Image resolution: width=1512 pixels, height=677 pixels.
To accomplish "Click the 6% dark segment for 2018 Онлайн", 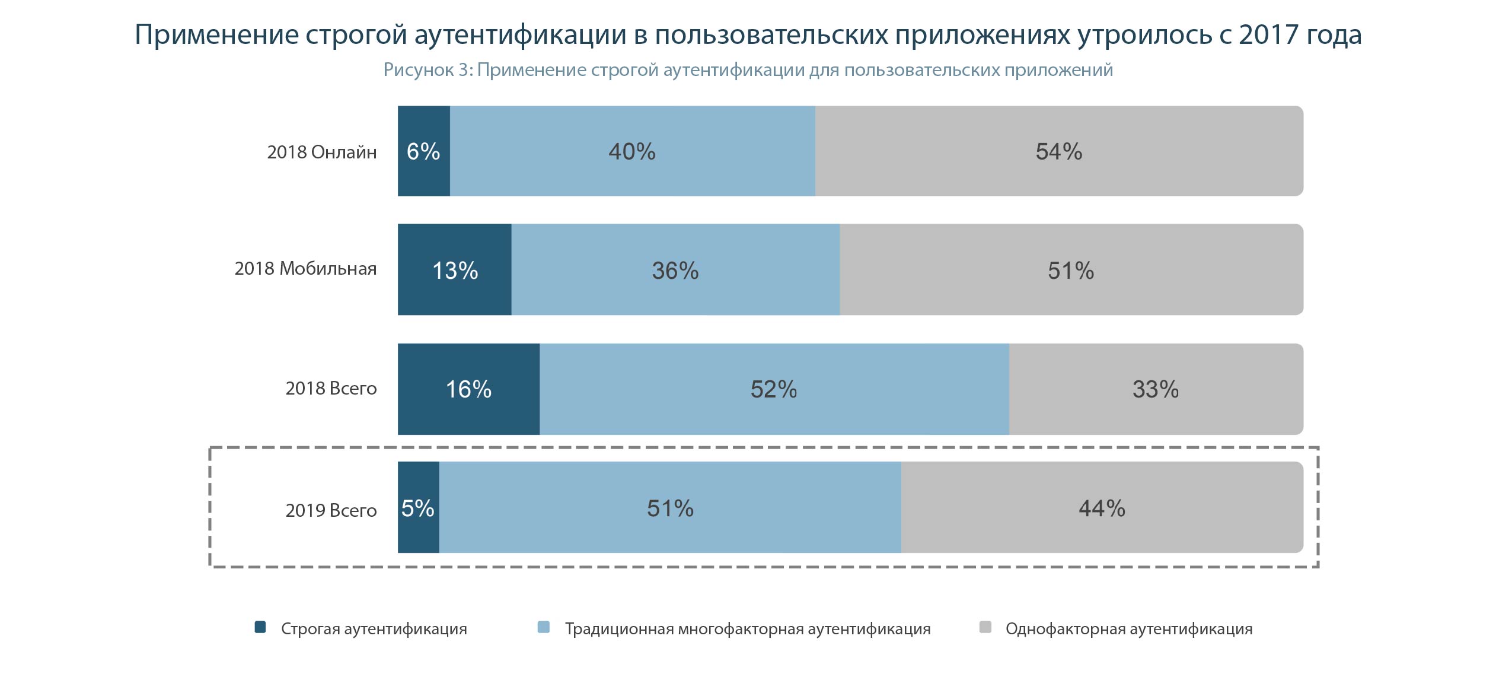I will [423, 151].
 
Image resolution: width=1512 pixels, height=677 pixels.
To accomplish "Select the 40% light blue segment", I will [632, 151].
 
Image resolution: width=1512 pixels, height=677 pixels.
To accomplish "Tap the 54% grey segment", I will [1058, 151].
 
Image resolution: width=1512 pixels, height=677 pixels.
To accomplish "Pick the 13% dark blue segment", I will [454, 270].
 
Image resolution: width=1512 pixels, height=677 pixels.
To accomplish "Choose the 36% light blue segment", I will [675, 270].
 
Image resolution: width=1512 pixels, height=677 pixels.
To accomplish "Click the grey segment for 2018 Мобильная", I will [1070, 270].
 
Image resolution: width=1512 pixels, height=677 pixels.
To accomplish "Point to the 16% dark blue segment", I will [468, 389].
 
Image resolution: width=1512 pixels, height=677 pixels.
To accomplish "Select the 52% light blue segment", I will [774, 389].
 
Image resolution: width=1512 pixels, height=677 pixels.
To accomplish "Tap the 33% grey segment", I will [1155, 389].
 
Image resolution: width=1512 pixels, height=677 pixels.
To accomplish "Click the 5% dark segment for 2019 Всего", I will [418, 508].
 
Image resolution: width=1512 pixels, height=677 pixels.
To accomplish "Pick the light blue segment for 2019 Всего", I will [670, 508].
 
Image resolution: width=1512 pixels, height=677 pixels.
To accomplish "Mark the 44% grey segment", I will [1102, 508].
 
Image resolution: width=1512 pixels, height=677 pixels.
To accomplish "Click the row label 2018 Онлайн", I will [321, 152].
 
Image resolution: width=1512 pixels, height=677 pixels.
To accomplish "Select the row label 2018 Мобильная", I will [305, 269].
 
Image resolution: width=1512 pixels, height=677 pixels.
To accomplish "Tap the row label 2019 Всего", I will [331, 510].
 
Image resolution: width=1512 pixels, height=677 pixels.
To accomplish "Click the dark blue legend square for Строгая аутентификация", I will [260, 627].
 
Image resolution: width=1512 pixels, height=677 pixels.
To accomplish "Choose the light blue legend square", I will [543, 627].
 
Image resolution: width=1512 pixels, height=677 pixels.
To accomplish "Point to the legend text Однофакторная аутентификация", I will [1128, 629].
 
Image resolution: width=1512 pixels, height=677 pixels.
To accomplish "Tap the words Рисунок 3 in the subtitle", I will [428, 70].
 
